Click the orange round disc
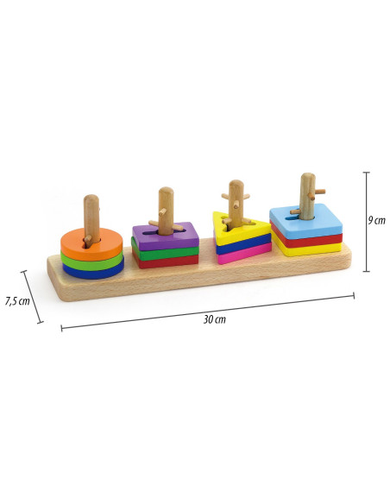[x=74, y=246]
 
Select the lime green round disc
[x=91, y=262]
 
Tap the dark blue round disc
[x=93, y=272]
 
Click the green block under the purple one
[x=166, y=253]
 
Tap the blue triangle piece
[x=244, y=245]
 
